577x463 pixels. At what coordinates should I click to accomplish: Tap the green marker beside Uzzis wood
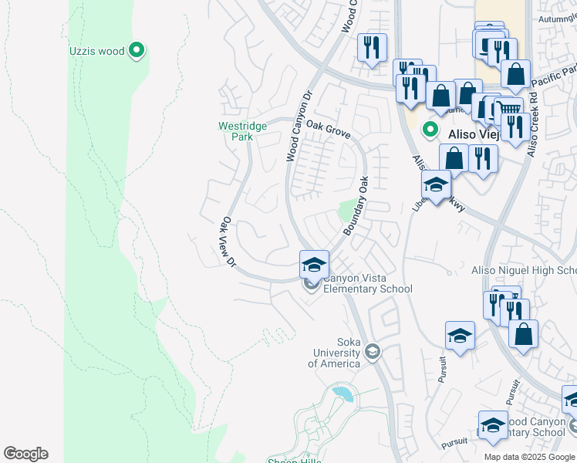click(137, 51)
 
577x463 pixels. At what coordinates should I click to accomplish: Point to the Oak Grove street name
click(328, 129)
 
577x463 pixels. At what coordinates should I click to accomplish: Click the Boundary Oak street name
click(354, 208)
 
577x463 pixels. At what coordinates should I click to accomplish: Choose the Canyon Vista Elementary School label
click(367, 283)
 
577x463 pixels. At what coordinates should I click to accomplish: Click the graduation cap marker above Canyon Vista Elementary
click(314, 265)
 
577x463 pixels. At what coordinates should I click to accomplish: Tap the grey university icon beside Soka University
click(373, 352)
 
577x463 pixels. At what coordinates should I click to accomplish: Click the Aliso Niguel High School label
click(524, 270)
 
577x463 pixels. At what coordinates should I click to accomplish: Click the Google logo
click(25, 454)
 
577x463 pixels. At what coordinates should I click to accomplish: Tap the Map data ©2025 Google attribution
click(528, 457)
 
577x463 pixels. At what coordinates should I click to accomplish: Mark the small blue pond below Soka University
click(340, 394)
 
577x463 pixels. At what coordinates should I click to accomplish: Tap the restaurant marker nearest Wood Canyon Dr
click(373, 48)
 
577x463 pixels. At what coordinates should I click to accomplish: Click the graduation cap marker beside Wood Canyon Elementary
click(493, 425)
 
